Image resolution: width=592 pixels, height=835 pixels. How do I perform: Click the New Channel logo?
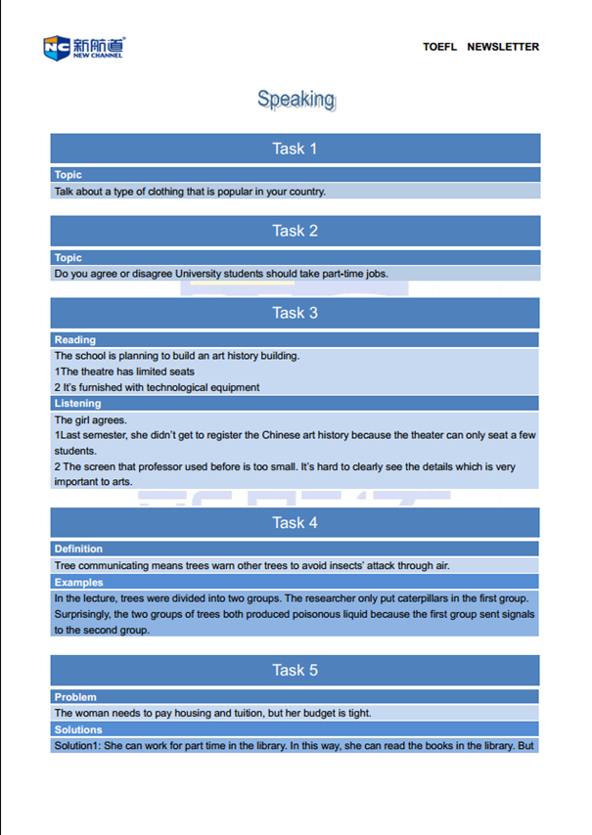84,46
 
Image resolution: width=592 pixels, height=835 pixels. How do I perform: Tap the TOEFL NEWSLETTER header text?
480,47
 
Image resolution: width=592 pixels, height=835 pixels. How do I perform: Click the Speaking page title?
296,99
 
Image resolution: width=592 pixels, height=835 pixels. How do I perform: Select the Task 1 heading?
295,149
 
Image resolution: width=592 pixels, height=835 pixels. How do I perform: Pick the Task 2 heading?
295,231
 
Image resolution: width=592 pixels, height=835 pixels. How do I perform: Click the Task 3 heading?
295,313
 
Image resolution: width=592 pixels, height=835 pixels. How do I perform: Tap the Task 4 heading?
295,523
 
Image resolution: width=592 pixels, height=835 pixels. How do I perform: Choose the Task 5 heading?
295,670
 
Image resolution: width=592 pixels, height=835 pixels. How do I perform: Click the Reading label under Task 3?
75,340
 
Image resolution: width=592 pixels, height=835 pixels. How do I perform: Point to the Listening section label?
77,404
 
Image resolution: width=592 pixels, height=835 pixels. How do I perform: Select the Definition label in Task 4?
78,549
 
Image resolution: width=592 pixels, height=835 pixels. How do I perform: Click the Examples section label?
78,583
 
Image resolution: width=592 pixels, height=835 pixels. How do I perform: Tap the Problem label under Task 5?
75,697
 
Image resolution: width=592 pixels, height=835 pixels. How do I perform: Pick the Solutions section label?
78,729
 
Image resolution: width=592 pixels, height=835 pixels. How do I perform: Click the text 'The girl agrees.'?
90,420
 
